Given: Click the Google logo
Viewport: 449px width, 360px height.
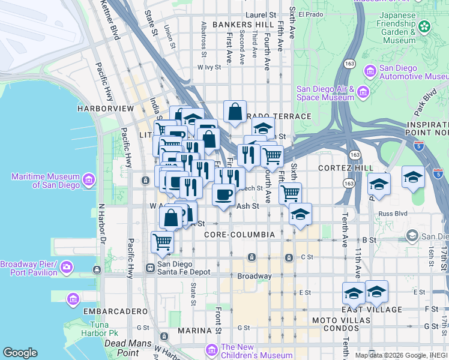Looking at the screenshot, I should point(20,353).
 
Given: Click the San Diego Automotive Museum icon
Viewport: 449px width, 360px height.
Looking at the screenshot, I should point(370,72).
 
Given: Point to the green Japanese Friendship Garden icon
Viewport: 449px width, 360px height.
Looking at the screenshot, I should point(425,27).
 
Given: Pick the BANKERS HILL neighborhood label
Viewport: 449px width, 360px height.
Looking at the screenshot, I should point(237,25).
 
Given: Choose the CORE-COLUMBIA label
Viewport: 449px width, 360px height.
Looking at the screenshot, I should point(240,234).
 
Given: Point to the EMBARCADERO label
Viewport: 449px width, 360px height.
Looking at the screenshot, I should point(115,311).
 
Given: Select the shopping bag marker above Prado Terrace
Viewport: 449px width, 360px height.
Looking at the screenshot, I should point(235,112).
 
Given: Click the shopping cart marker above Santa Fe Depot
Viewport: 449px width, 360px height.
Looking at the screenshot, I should point(162,242).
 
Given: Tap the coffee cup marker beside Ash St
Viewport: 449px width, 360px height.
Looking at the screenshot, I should point(224,195).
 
